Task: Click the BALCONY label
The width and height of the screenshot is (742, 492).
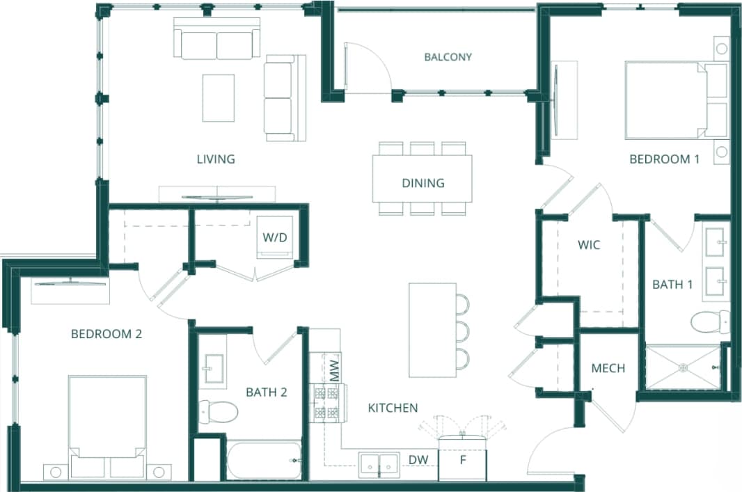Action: pos(448,57)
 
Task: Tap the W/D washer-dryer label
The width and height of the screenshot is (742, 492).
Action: pos(275,237)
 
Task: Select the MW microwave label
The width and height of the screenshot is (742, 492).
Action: pos(334,370)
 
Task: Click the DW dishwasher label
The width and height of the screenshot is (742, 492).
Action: pos(418,459)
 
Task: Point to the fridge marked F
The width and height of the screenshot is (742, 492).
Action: pos(461,460)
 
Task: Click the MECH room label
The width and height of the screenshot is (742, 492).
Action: pos(608,368)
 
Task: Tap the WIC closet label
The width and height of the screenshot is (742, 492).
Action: pos(590,245)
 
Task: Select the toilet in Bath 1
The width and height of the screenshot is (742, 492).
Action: pos(710,322)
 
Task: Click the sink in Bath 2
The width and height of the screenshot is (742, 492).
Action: pos(212,370)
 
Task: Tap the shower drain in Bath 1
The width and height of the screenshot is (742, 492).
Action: pos(683,367)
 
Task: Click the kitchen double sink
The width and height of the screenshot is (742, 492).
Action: pos(379,464)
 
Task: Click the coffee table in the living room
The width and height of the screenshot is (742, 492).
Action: pos(218,97)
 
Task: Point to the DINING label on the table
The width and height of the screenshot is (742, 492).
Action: pos(423,183)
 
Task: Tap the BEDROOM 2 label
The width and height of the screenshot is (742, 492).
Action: pos(106,334)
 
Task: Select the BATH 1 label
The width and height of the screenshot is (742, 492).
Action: pos(673,285)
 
